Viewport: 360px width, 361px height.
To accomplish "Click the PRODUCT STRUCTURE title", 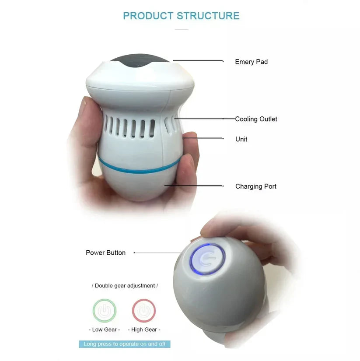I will pos(181,16).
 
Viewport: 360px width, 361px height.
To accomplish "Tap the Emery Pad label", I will pos(251,62).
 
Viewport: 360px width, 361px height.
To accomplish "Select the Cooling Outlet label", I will pos(256,119).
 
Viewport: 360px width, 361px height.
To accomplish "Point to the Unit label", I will pos(241,139).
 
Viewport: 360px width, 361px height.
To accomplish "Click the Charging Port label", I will pos(256,186).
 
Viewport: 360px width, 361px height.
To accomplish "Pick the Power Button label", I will pos(105,252).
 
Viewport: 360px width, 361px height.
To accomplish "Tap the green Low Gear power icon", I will pos(104,311).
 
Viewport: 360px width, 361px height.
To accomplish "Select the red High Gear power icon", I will pos(143,311).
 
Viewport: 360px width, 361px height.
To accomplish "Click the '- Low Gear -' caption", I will pos(104,329).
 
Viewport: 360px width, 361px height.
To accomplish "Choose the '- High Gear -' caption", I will pos(144,329).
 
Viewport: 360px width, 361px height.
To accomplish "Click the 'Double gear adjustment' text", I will pos(125,286).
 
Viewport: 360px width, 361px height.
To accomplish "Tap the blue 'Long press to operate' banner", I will pos(125,344).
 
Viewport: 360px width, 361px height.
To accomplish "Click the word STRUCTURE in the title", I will pos(208,16).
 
